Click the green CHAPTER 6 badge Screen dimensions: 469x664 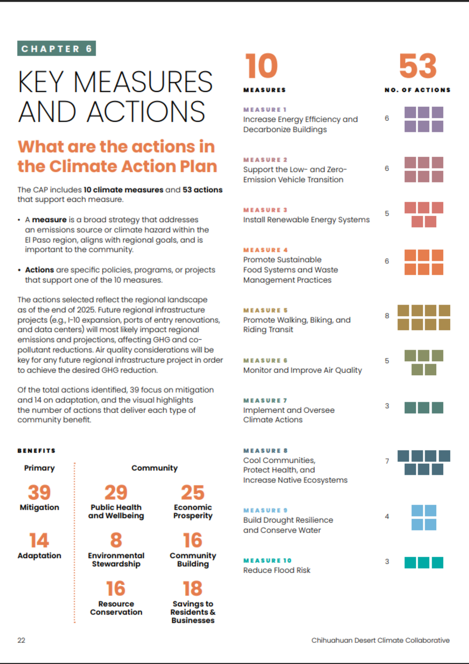coord(56,48)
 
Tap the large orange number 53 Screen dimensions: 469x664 coord(418,66)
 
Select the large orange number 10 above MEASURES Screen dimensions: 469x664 coord(261,66)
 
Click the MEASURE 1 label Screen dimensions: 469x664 coord(265,110)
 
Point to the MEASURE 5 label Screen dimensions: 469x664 coord(265,310)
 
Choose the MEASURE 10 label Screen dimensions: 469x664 coord(267,561)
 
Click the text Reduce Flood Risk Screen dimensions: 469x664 coord(277,570)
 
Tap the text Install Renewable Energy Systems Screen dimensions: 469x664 coord(306,220)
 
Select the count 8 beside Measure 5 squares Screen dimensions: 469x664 coord(387,316)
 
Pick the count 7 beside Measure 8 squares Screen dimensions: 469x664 coord(387,461)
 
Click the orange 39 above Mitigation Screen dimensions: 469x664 coord(39,492)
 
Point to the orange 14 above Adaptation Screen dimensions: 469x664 coord(39,540)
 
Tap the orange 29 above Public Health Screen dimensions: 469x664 coord(116,492)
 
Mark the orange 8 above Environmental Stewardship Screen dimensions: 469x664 coord(116,540)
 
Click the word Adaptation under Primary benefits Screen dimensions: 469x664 coord(39,556)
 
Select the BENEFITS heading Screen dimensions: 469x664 coord(36,451)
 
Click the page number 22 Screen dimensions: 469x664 coord(21,640)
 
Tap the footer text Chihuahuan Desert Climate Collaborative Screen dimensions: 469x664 coord(380,640)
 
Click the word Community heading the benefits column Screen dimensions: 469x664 coord(154,468)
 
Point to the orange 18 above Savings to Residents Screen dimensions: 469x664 coord(192,588)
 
